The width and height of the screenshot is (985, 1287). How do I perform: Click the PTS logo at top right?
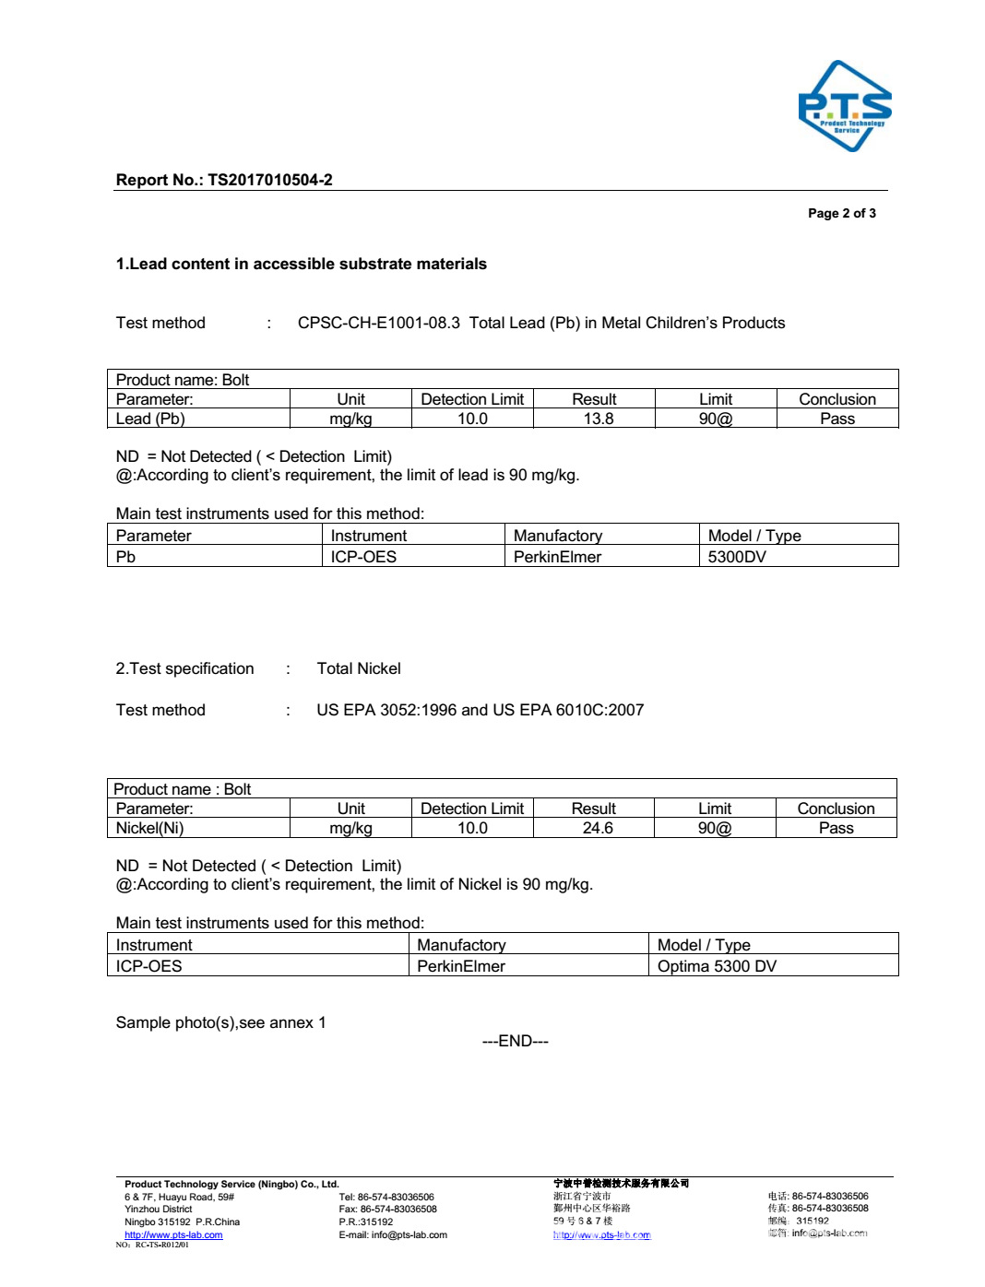point(844,106)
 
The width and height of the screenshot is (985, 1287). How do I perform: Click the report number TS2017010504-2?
point(269,180)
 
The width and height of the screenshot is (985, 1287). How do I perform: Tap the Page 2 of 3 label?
point(841,213)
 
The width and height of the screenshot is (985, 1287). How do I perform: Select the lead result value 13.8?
point(598,419)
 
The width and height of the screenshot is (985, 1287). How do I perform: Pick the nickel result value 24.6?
point(597,828)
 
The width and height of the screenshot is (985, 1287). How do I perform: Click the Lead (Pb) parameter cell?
point(150,419)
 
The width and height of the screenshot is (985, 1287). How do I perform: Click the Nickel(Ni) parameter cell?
point(149,828)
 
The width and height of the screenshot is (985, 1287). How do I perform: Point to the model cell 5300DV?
point(736,557)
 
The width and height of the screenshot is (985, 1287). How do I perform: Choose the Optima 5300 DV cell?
point(717,966)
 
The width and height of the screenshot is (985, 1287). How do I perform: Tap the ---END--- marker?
point(515,1041)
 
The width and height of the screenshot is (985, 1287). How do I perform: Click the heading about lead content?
point(301,264)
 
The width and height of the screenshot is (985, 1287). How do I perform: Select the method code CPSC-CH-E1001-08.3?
point(378,323)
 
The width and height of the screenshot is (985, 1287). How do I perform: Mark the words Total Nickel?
point(359,668)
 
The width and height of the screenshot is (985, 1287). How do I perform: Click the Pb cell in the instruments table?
point(125,557)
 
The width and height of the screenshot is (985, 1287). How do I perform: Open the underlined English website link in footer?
point(173,1234)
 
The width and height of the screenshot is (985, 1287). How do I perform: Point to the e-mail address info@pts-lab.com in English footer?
point(409,1234)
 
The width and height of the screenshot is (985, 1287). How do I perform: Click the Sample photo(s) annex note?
point(220,1022)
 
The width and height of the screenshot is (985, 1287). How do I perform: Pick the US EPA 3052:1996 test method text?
point(386,710)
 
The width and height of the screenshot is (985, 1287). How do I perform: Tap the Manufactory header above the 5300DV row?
point(557,536)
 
